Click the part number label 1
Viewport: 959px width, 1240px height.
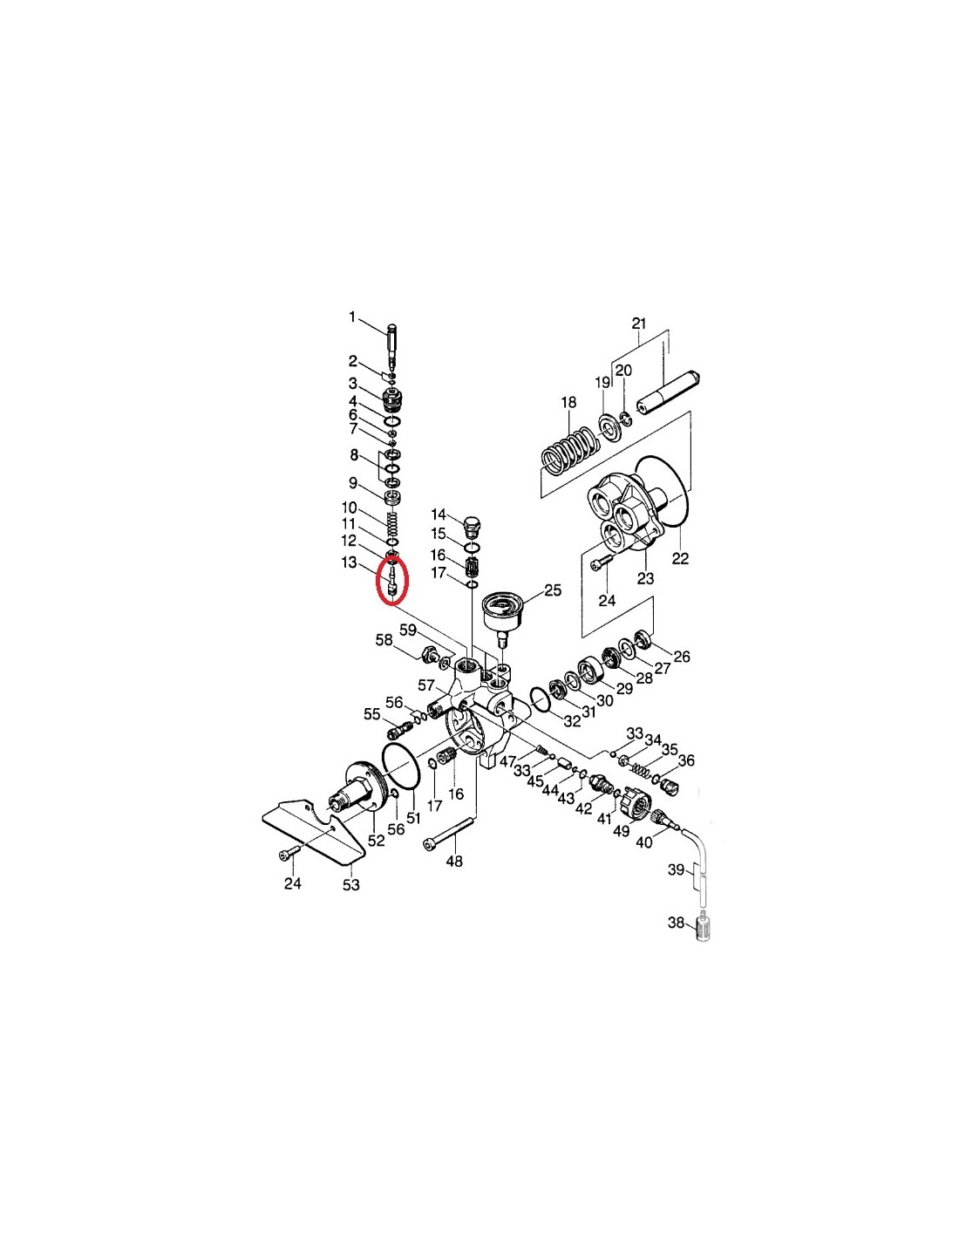[352, 317]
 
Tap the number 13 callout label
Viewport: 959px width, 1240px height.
[349, 562]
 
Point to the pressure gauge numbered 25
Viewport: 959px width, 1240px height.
[501, 612]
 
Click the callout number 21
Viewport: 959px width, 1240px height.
[638, 324]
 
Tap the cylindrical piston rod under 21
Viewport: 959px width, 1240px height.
[668, 394]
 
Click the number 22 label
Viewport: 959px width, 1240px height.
[680, 557]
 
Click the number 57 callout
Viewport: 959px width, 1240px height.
[426, 685]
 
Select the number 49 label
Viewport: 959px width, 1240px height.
[622, 831]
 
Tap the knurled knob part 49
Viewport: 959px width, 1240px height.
[635, 799]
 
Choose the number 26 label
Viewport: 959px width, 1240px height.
[682, 657]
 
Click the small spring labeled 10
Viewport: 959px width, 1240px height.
[392, 522]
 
